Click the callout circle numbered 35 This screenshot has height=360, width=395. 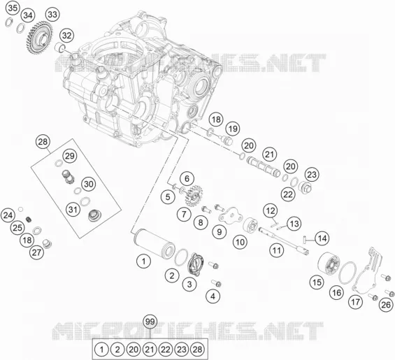(x=13, y=8)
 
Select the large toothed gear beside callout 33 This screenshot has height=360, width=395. (x=38, y=37)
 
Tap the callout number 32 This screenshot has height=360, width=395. (x=66, y=35)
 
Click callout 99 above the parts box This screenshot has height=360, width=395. (x=150, y=322)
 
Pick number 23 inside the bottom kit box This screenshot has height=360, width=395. (x=181, y=350)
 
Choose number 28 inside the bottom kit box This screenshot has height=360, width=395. (x=197, y=350)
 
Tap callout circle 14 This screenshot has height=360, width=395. (x=322, y=238)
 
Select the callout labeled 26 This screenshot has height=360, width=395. (x=386, y=305)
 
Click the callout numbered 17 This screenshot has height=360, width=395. (x=356, y=301)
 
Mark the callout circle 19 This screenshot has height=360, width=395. (x=233, y=129)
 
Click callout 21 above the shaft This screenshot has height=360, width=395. (x=270, y=154)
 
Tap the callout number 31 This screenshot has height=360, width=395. (x=73, y=209)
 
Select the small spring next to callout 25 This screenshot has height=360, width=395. (x=29, y=219)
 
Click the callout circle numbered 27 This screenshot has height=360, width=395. (x=37, y=252)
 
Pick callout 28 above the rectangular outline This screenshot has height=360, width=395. (x=43, y=142)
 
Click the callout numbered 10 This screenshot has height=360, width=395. (x=240, y=242)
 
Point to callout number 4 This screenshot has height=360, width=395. (x=213, y=296)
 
